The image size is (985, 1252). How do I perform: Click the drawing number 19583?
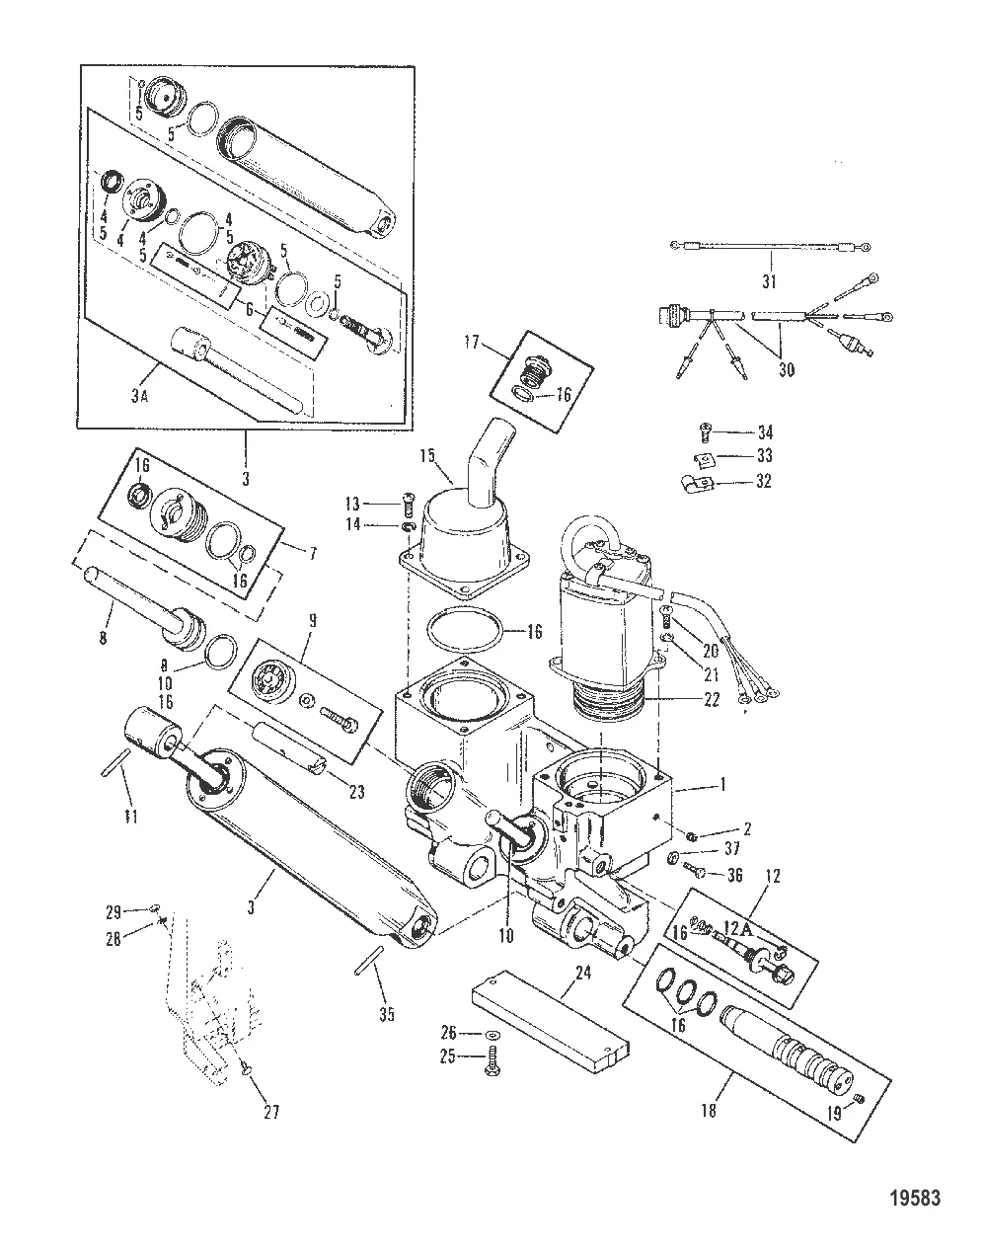pyautogui.click(x=914, y=1199)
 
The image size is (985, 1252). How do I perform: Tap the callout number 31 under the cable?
pyautogui.click(x=769, y=282)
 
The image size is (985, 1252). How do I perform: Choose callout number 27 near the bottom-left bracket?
pyautogui.click(x=270, y=1112)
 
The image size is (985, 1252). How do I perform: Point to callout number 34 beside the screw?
pyautogui.click(x=766, y=431)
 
